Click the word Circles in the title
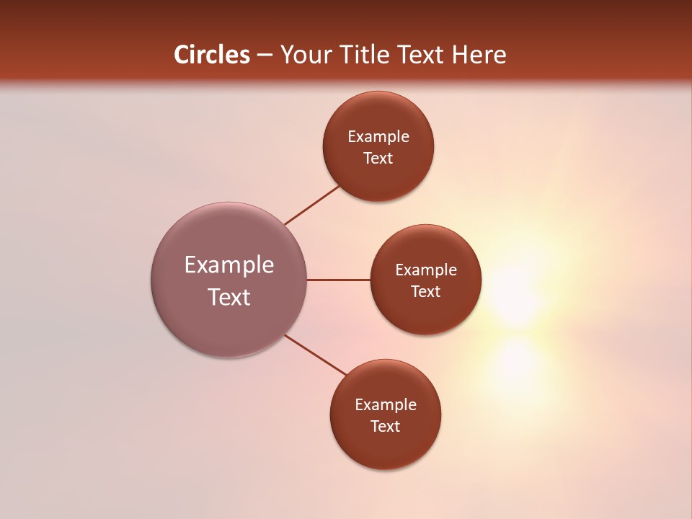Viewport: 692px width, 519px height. pos(211,55)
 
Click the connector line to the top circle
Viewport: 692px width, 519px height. pos(312,205)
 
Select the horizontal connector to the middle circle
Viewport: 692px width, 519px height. pos(339,280)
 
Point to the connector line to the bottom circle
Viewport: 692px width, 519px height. pos(316,355)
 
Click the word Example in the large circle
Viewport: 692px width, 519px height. pos(229,265)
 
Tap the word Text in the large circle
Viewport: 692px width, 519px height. pos(229,297)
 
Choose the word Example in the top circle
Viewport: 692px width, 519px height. pos(378,137)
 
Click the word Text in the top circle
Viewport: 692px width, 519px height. pos(378,159)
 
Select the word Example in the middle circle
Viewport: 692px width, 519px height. pos(426,270)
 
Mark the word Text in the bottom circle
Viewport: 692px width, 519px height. pos(385,427)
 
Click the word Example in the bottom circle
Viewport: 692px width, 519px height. pos(386,405)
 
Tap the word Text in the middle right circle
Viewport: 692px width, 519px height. pos(426,292)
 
